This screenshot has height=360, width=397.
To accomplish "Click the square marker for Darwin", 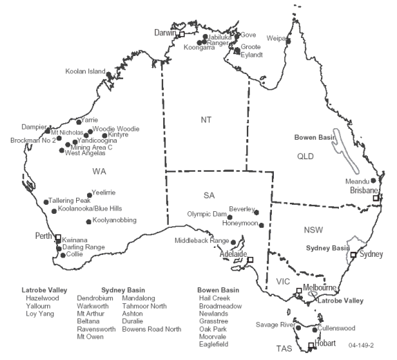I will pos(182,33).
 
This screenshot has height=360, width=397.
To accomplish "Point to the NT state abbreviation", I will pos(206,120).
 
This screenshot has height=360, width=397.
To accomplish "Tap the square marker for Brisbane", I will pos(376,198).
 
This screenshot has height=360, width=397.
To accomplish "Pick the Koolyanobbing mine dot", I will pos(89,222).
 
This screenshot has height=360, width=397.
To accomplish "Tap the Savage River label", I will pos(275,324).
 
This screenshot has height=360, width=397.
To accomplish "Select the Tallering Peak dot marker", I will pos(47,201).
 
